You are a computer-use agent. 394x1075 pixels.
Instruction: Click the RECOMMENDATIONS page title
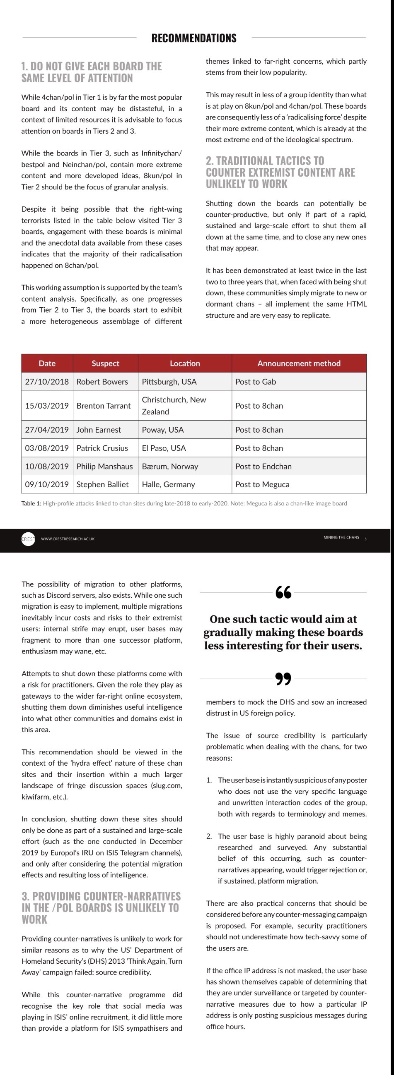[194, 38]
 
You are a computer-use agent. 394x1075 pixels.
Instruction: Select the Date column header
[47, 364]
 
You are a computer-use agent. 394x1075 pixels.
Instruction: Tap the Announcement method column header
[299, 364]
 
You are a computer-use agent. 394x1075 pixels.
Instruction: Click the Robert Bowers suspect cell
[102, 382]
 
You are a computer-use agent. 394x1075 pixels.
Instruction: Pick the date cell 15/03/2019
[47, 406]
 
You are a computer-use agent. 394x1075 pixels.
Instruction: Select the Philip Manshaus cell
[104, 467]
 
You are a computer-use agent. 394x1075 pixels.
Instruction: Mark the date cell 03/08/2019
[47, 448]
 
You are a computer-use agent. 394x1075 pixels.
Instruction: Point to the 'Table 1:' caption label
[31, 504]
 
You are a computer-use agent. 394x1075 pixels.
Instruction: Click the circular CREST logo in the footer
[29, 539]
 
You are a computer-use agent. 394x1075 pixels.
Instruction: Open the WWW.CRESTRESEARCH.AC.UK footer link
[68, 539]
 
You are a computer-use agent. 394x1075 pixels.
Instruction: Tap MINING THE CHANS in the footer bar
[341, 538]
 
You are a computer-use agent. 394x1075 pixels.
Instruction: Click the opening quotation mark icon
[283, 592]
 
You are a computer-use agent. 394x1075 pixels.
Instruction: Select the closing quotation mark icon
[283, 679]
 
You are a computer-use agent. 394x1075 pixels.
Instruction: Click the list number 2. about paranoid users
[209, 836]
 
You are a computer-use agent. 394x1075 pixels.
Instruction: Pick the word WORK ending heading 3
[35, 920]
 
